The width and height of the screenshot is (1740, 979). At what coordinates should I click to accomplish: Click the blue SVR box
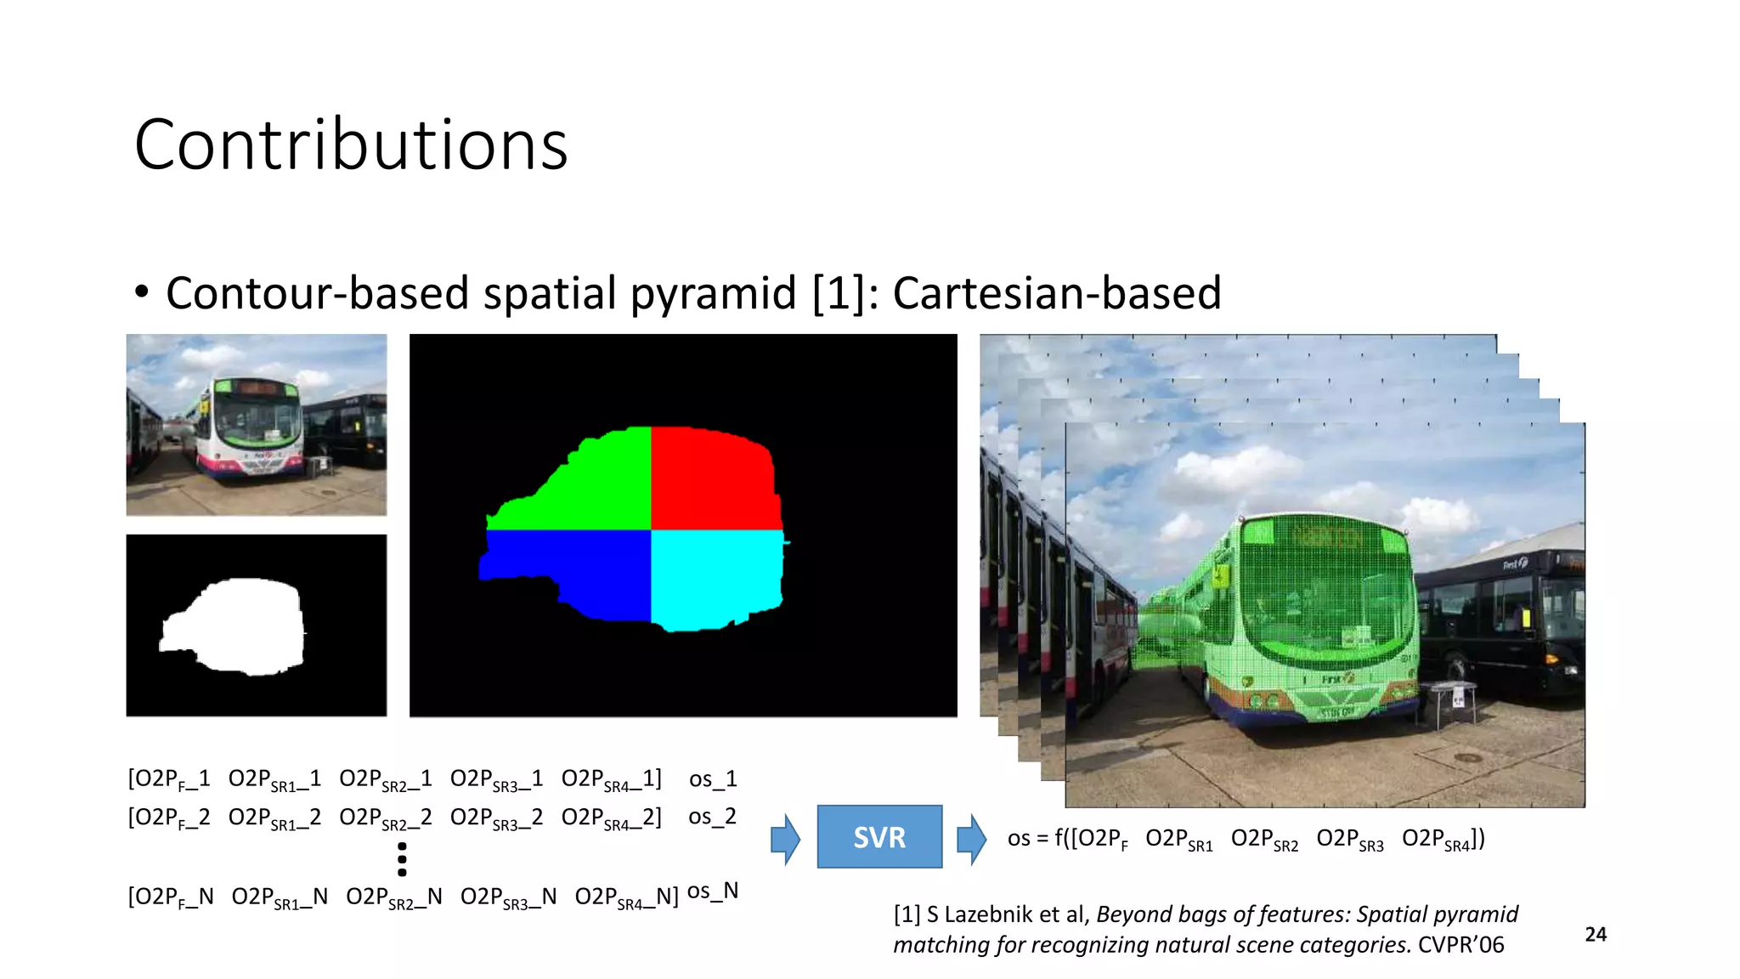879,837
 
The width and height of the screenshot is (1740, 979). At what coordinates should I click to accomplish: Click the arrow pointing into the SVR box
786,840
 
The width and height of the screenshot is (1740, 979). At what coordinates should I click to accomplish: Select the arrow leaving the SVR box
971,840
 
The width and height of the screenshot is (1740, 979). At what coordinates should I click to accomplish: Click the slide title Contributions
351,144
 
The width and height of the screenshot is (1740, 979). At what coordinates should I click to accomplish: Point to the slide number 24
1596,935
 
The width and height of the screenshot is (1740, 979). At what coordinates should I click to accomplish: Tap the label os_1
713,779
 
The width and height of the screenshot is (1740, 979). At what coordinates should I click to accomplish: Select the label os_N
713,891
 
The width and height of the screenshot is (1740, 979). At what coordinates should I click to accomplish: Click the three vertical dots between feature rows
402,859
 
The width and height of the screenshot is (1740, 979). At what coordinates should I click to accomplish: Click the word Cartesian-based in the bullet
1057,293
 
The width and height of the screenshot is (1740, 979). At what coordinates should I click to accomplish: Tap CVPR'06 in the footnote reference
1461,945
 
